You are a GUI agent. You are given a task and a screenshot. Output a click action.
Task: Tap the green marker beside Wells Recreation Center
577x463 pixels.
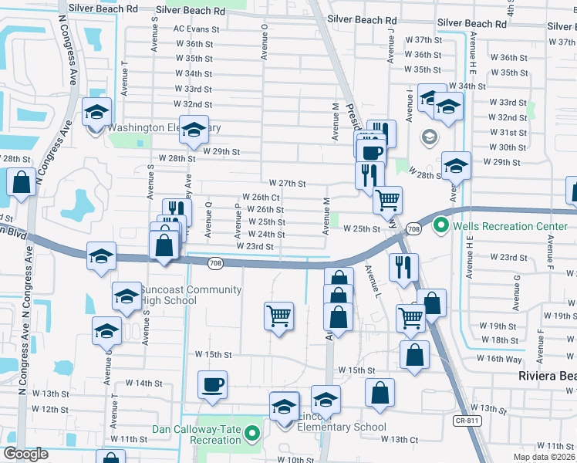click(440, 226)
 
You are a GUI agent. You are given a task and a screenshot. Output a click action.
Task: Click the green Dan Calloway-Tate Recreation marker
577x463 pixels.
click(251, 435)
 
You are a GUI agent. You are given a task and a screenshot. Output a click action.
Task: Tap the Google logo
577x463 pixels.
click(26, 454)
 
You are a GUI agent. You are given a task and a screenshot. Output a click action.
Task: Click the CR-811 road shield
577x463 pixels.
click(464, 421)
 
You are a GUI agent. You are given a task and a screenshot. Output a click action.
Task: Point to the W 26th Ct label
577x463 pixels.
click(261, 198)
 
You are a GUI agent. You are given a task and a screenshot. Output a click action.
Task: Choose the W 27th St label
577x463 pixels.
click(288, 184)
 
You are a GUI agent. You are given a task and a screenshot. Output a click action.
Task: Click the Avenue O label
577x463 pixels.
click(264, 40)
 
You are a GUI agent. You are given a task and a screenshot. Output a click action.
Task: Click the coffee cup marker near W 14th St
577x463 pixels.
click(212, 384)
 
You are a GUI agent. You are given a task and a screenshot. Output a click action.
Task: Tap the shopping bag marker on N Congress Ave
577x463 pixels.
click(21, 183)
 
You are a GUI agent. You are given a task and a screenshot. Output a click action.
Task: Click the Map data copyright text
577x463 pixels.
click(544, 457)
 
